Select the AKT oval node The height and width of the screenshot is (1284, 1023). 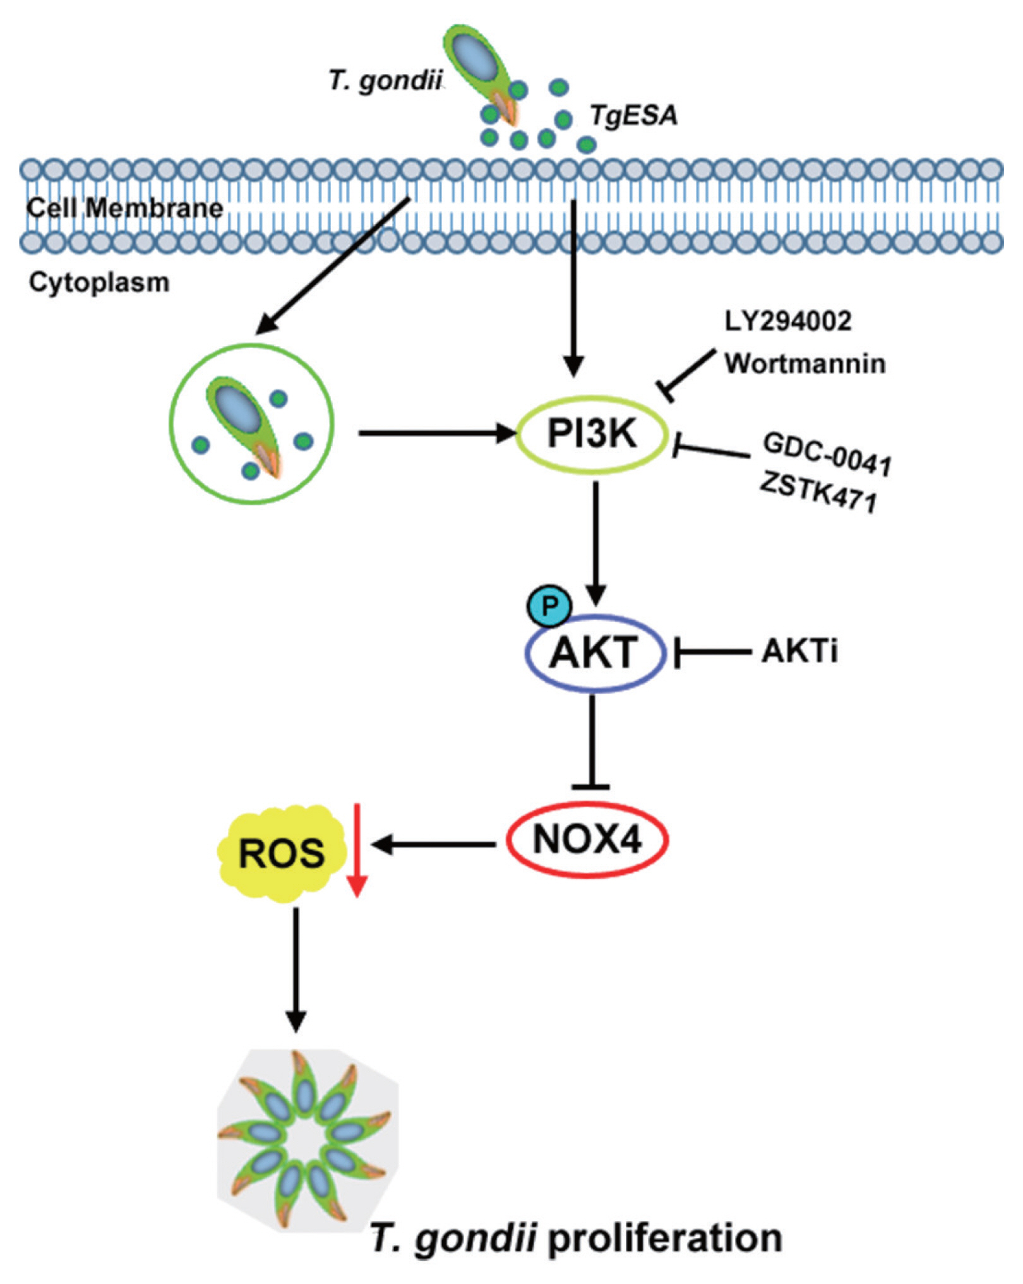[x=595, y=652]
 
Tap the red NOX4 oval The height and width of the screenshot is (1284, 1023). [x=587, y=840]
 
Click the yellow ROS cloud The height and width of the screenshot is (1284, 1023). [x=282, y=853]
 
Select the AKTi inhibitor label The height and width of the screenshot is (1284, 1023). [x=799, y=651]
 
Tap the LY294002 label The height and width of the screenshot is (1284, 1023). [x=787, y=321]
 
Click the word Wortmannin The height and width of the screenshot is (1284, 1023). [x=805, y=364]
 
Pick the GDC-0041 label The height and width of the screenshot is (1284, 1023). [x=827, y=453]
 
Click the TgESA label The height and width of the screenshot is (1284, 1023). [x=633, y=116]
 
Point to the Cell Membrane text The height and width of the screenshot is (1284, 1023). [x=125, y=208]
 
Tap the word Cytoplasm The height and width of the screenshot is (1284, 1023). [x=99, y=282]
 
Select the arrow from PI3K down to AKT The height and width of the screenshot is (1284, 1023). [x=595, y=543]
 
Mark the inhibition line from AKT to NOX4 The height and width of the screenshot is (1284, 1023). [x=591, y=742]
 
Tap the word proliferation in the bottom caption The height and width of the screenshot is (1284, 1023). [x=665, y=1239]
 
